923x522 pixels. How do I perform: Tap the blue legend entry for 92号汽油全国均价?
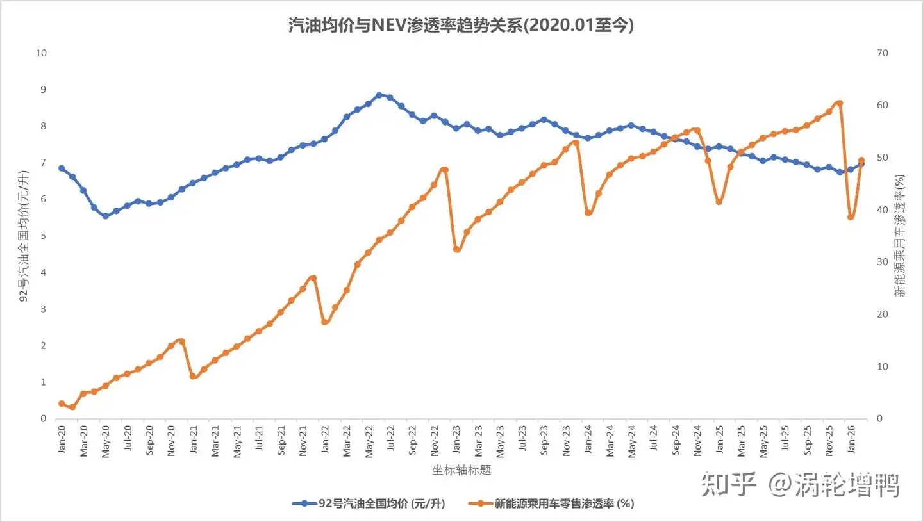tap(369, 503)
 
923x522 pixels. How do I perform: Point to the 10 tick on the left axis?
tap(42, 53)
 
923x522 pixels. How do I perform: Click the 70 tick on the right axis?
tap(882, 53)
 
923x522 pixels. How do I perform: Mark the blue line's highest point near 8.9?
tap(379, 95)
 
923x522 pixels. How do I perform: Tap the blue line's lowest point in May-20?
tap(105, 216)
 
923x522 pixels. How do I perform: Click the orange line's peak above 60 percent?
tap(839, 103)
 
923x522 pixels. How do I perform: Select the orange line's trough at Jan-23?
tap(456, 249)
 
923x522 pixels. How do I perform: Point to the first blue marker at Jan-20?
tap(62, 168)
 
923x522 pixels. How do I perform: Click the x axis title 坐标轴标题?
tap(462, 470)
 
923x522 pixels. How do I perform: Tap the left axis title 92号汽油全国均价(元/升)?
tap(24, 236)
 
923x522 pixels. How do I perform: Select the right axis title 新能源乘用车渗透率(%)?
tap(899, 236)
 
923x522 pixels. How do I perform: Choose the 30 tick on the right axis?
tap(882, 262)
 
